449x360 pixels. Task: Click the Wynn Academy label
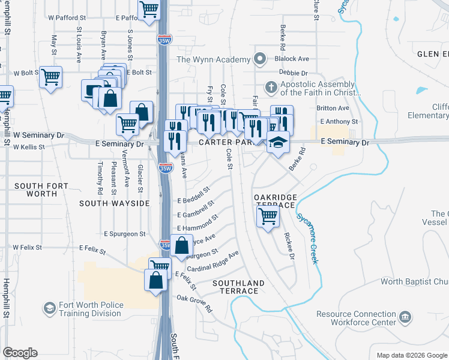(212, 59)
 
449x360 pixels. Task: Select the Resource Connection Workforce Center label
(356, 318)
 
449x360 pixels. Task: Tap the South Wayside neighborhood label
(114, 203)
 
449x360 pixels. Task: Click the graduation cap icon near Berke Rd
(278, 143)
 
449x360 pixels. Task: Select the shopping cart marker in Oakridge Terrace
(268, 216)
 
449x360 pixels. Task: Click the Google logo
(20, 353)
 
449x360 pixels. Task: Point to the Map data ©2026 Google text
(411, 355)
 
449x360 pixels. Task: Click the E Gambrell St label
(196, 209)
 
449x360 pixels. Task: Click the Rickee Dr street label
(289, 247)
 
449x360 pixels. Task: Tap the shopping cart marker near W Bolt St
(50, 77)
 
